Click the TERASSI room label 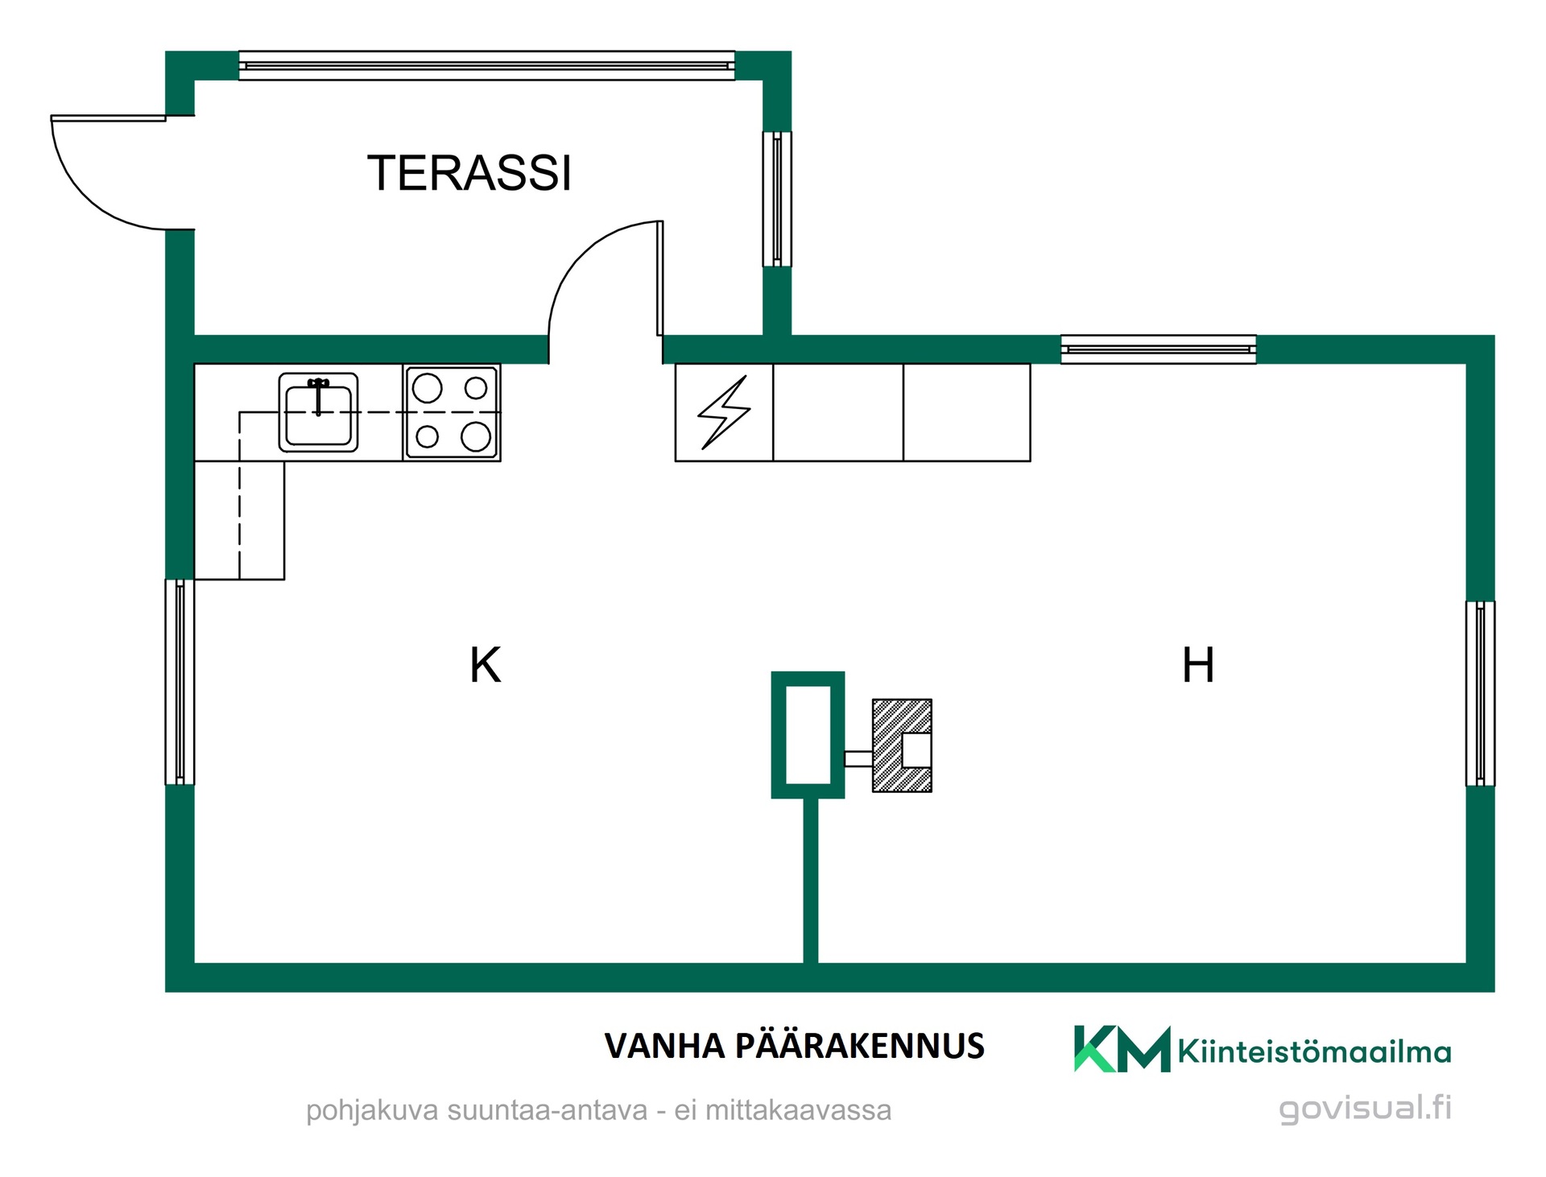click(x=469, y=173)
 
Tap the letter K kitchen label click(x=486, y=666)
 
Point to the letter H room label click(x=1198, y=665)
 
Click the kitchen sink click(x=318, y=411)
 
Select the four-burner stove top click(x=452, y=412)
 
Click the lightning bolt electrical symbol click(x=724, y=412)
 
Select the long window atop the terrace click(x=487, y=65)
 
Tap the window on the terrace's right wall click(x=777, y=199)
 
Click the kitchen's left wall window click(x=180, y=681)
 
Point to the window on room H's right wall click(x=1480, y=693)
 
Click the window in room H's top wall click(x=1158, y=349)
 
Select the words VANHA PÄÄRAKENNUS click(x=794, y=1046)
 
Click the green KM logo click(x=1122, y=1048)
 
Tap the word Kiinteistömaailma click(x=1314, y=1051)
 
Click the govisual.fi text click(x=1365, y=1108)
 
